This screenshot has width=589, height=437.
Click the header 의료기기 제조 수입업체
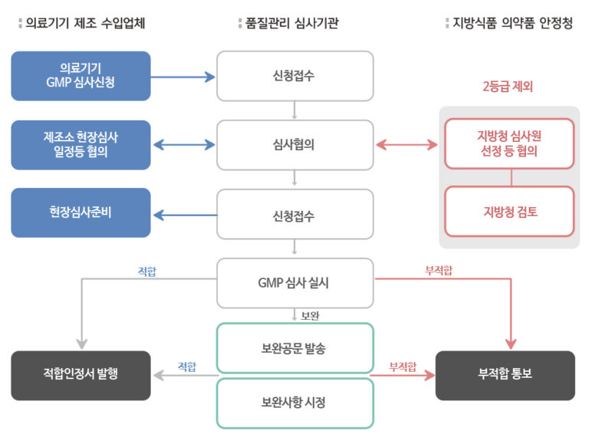coord(84,23)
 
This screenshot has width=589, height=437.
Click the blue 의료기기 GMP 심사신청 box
coord(81,76)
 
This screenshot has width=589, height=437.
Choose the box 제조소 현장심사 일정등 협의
coord(81,144)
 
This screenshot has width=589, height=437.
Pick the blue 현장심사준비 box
coord(81,212)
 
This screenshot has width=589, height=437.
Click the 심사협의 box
coord(294,144)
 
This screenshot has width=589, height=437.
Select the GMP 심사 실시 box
coord(294,282)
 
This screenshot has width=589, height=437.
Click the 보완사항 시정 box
coord(294,402)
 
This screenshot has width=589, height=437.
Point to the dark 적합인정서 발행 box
coord(81,375)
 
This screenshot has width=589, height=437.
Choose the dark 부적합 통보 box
coord(505,375)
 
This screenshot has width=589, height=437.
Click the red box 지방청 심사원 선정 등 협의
coord(510,143)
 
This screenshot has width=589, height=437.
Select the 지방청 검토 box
coord(510,212)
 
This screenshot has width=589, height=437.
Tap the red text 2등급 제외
coord(508,87)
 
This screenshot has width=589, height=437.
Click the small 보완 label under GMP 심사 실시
coord(310,314)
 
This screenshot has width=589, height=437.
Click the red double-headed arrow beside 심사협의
coord(407,144)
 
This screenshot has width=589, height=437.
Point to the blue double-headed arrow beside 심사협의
coord(183,144)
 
